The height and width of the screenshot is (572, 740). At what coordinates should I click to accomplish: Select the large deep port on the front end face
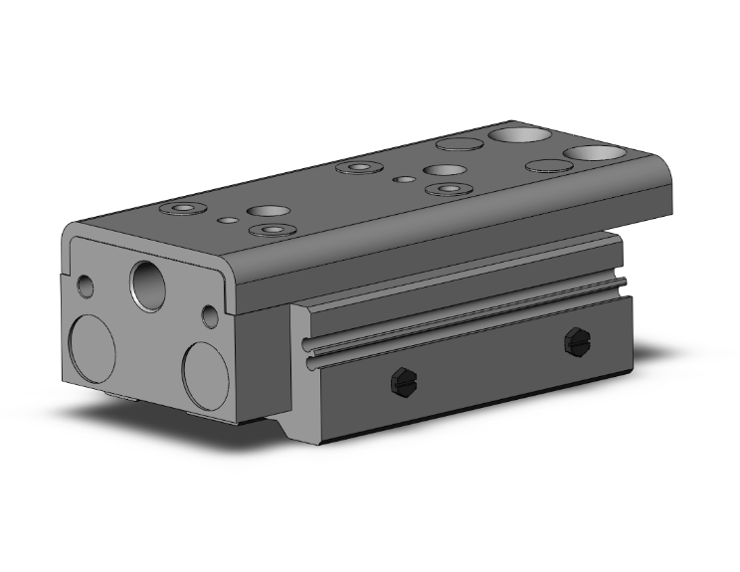tap(150, 282)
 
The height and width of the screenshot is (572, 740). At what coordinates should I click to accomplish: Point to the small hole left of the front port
tap(87, 286)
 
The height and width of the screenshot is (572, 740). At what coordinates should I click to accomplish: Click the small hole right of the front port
tap(210, 316)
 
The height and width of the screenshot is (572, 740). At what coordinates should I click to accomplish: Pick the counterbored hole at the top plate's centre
tap(358, 167)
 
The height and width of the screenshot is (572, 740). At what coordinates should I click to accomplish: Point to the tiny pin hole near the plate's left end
tap(229, 219)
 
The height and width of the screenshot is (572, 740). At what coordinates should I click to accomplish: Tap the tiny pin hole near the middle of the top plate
tap(405, 179)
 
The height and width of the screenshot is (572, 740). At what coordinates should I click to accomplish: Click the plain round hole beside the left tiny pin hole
tap(267, 211)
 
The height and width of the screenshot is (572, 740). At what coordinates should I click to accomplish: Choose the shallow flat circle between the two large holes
tap(545, 166)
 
